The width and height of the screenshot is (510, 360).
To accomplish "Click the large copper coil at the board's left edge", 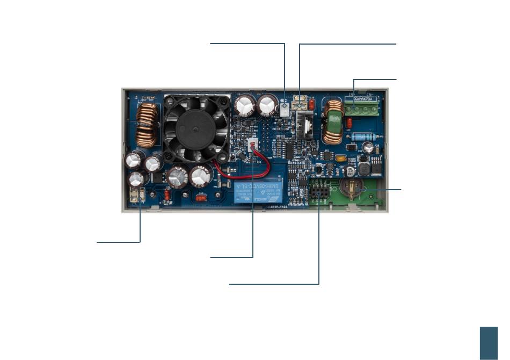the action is pos(147,125).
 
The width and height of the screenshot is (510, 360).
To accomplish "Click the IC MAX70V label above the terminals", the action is pos(366,98).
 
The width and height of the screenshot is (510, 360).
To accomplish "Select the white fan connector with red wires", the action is pos(253,146).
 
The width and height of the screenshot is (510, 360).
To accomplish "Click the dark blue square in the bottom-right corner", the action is pos(489,343).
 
